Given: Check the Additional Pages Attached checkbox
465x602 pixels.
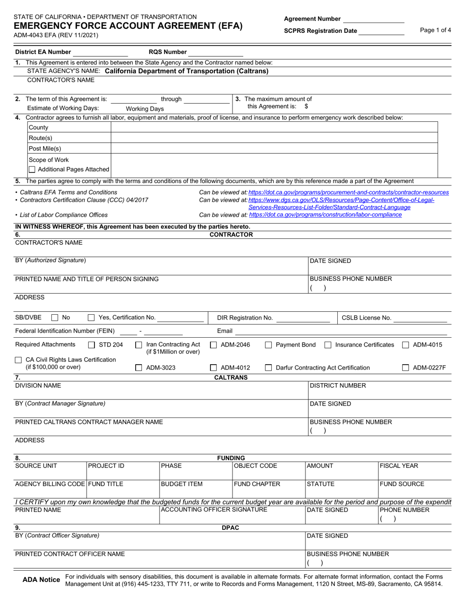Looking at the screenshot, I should pyautogui.click(x=32, y=169).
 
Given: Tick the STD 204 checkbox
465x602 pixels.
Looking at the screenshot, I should pyautogui.click(x=92, y=345).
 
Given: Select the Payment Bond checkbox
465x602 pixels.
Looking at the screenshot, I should pyautogui.click(x=268, y=345).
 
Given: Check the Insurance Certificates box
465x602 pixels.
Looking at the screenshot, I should pyautogui.click(x=328, y=345).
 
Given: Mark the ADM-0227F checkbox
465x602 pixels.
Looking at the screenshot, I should pyautogui.click(x=406, y=368).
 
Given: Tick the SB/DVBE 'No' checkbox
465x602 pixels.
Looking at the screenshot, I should pyautogui.click(x=55, y=318).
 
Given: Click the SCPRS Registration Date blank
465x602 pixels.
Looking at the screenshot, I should pyautogui.click(x=382, y=31).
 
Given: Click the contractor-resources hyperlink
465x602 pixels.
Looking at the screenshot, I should pyautogui.click(x=349, y=192).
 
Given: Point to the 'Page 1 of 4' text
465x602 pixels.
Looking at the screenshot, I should pyautogui.click(x=436, y=30).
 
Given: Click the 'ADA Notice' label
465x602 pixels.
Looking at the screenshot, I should pyautogui.click(x=42, y=580).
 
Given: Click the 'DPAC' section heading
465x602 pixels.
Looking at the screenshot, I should pyautogui.click(x=231, y=529).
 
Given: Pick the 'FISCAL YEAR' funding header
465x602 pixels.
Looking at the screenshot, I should pyautogui.click(x=399, y=466).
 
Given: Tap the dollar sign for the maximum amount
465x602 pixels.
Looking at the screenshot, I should pyautogui.click(x=306, y=106).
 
